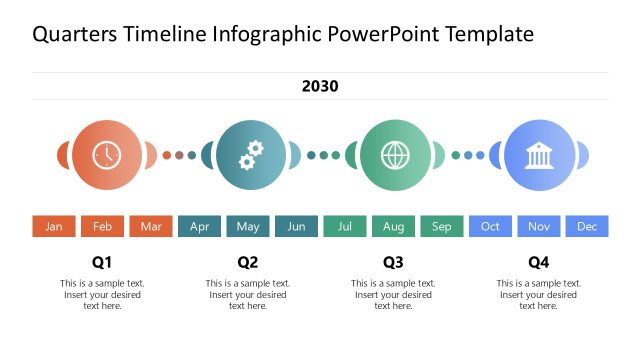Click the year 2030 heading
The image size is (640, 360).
[320, 86]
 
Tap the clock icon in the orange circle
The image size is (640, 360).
[105, 155]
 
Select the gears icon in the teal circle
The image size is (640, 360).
[250, 155]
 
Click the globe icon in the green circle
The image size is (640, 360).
[395, 155]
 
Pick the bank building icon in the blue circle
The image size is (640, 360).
[540, 155]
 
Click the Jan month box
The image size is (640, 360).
[54, 227]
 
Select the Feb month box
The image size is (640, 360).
[102, 227]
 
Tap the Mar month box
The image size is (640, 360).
[151, 227]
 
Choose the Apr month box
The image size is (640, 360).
[199, 227]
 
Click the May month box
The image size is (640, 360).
[248, 227]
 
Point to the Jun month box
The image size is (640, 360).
[296, 227]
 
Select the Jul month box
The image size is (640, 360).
[345, 227]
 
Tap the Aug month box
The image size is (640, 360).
[393, 227]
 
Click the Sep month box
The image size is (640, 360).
[442, 227]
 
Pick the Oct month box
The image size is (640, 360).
[490, 227]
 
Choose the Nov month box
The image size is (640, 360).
[539, 227]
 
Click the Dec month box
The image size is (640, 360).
[587, 227]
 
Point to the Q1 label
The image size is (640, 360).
[102, 263]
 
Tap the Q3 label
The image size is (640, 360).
[393, 263]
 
